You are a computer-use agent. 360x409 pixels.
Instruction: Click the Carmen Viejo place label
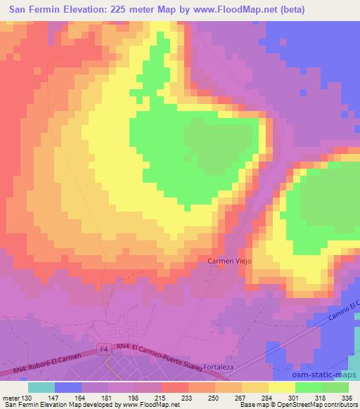tap(229, 261)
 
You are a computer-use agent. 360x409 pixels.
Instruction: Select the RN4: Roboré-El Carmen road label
tap(41, 360)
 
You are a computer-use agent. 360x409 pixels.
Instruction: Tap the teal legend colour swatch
tap(41, 387)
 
